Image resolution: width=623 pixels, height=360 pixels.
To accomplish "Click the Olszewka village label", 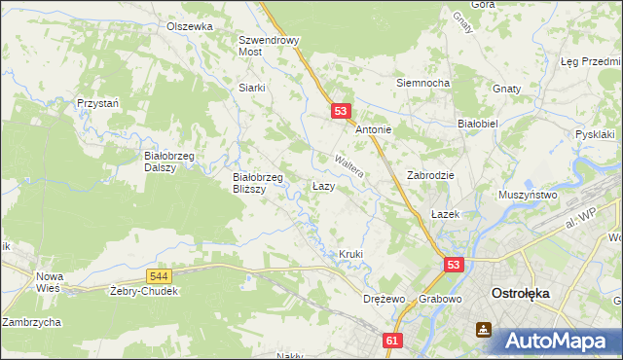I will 189,27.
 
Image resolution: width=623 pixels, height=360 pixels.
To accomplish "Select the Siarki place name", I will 252,87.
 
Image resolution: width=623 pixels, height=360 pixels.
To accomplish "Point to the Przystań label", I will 97,102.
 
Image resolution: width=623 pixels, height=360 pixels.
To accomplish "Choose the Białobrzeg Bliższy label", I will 257,183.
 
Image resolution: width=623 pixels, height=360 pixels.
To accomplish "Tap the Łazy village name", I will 324,185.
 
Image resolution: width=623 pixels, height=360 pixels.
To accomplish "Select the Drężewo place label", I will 383,298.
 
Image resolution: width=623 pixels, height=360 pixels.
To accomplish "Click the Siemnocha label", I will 422,83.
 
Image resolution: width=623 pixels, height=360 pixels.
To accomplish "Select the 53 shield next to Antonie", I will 340,112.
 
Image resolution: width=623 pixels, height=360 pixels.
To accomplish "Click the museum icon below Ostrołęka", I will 484,330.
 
